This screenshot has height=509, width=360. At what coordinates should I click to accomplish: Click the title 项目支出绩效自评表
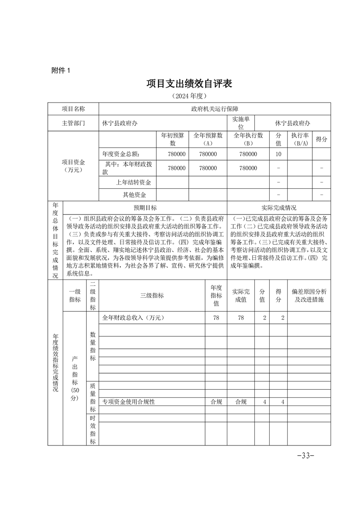(x=189, y=84)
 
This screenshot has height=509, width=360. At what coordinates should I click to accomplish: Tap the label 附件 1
(x=61, y=70)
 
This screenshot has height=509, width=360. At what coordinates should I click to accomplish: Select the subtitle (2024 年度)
(x=189, y=96)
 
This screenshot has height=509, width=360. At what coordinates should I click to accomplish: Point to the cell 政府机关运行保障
(x=214, y=109)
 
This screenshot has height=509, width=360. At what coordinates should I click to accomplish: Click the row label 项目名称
(x=73, y=109)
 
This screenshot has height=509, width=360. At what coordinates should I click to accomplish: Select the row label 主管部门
(x=73, y=123)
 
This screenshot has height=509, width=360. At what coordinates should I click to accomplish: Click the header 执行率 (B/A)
(x=300, y=139)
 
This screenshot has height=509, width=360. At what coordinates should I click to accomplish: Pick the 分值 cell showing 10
(x=278, y=154)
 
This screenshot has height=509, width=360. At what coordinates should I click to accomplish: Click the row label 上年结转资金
(x=133, y=182)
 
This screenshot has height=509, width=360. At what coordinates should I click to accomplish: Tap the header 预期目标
(x=145, y=208)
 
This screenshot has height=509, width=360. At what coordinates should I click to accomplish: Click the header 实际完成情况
(x=279, y=208)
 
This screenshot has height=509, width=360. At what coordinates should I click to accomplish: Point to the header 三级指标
(x=152, y=295)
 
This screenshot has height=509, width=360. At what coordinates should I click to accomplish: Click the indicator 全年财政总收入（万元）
(x=133, y=318)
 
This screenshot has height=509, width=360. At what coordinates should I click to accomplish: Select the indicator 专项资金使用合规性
(x=129, y=401)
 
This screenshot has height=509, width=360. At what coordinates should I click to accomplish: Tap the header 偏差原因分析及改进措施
(x=309, y=295)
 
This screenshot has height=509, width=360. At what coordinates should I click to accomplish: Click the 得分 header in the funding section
(x=321, y=139)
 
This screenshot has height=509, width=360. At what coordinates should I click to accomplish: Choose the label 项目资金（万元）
(x=73, y=166)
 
